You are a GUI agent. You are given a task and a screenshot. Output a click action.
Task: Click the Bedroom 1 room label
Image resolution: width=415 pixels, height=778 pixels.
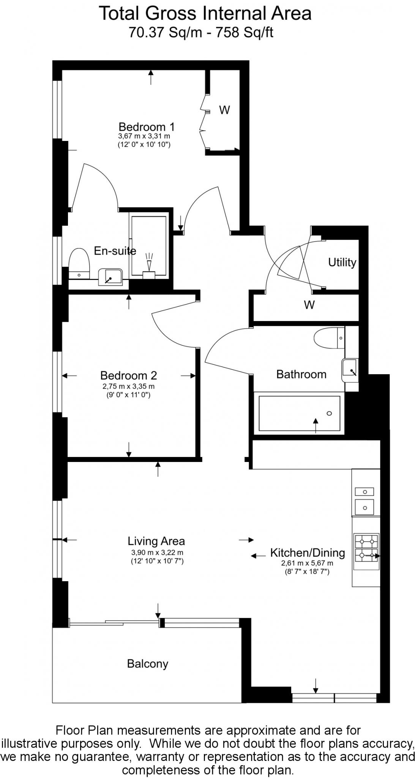coord(147,127)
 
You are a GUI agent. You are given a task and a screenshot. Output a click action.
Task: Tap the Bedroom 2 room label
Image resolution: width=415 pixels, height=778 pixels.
coord(128,375)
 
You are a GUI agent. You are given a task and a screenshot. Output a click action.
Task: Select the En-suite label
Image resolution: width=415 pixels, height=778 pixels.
coord(115,251)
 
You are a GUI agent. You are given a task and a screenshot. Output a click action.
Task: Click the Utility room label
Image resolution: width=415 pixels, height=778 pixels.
coord(342,262)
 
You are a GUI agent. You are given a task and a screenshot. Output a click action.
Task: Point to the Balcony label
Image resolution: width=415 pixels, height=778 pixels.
coord(147,664)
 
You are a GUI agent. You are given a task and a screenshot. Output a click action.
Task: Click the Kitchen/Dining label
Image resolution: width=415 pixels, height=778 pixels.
coord(307,553)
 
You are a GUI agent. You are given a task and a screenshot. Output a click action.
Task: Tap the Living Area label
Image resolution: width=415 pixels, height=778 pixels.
coord(156,541)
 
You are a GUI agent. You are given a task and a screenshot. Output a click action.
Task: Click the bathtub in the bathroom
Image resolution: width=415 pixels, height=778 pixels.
coord(300,413)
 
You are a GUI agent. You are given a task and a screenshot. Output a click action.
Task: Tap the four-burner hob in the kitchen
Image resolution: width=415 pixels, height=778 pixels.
coord(366,548)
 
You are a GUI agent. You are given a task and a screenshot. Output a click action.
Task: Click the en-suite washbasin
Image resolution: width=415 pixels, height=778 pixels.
coord(110,277)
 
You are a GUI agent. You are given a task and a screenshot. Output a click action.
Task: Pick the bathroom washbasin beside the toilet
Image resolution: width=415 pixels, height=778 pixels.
coord(349,370)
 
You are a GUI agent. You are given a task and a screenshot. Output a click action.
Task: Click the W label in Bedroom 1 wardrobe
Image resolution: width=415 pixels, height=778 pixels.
coord(224,110)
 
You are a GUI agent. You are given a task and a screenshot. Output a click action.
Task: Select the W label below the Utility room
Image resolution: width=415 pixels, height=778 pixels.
coord(309,305)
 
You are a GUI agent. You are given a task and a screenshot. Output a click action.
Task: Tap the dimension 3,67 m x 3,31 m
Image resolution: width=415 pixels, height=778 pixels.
coord(144,136)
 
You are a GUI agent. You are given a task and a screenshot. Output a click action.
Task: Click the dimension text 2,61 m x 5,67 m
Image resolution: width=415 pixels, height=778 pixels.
coord(307,563)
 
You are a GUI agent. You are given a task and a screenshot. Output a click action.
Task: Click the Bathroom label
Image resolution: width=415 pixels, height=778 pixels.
coord(301,374)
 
